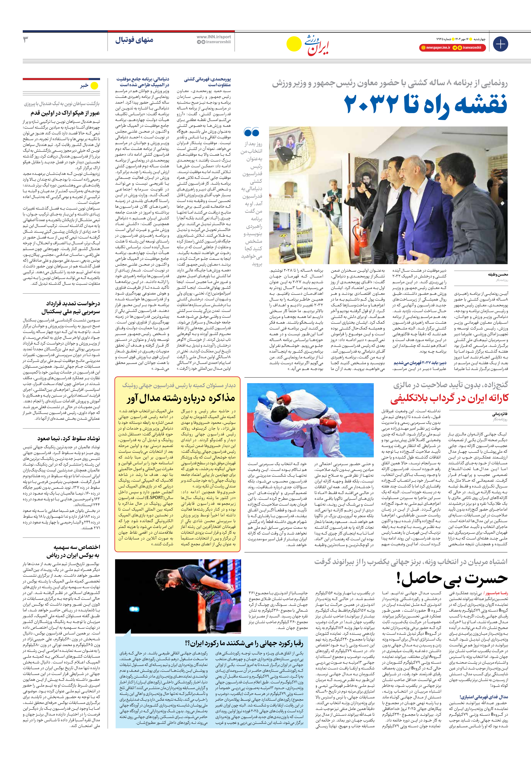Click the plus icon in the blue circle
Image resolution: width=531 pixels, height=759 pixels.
pos(500,44)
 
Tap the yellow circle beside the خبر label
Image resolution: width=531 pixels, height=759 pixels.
pos(95,86)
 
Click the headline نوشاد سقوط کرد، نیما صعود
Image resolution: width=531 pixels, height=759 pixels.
pos(68,438)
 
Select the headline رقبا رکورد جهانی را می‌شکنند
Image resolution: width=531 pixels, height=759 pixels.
pos(244,643)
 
